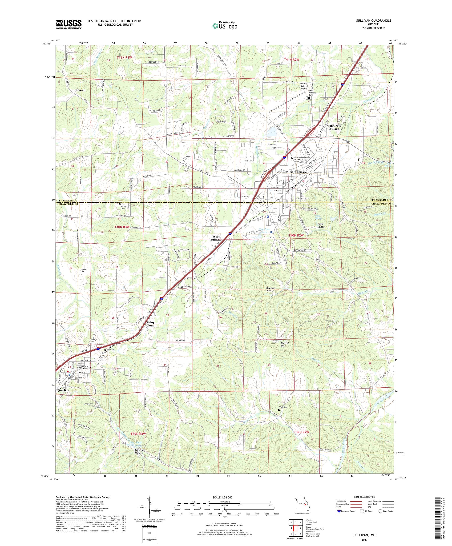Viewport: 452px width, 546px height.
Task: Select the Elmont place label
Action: [x=80, y=90]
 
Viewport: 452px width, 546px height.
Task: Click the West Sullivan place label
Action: [x=216, y=238]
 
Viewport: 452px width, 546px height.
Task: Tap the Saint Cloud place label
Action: [x=150, y=324]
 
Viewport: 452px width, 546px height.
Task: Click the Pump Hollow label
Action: [x=321, y=225]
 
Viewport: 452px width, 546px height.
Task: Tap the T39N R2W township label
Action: [x=302, y=432]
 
